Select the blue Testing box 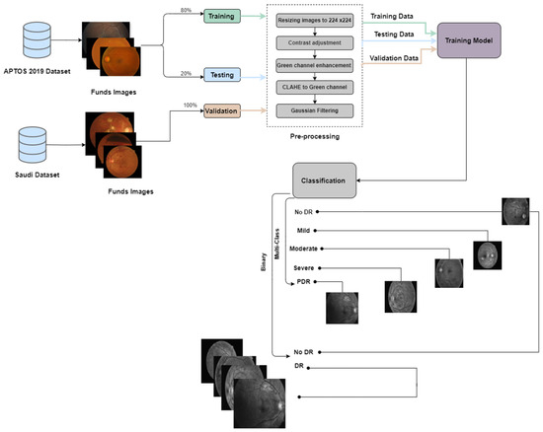pos(226,75)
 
